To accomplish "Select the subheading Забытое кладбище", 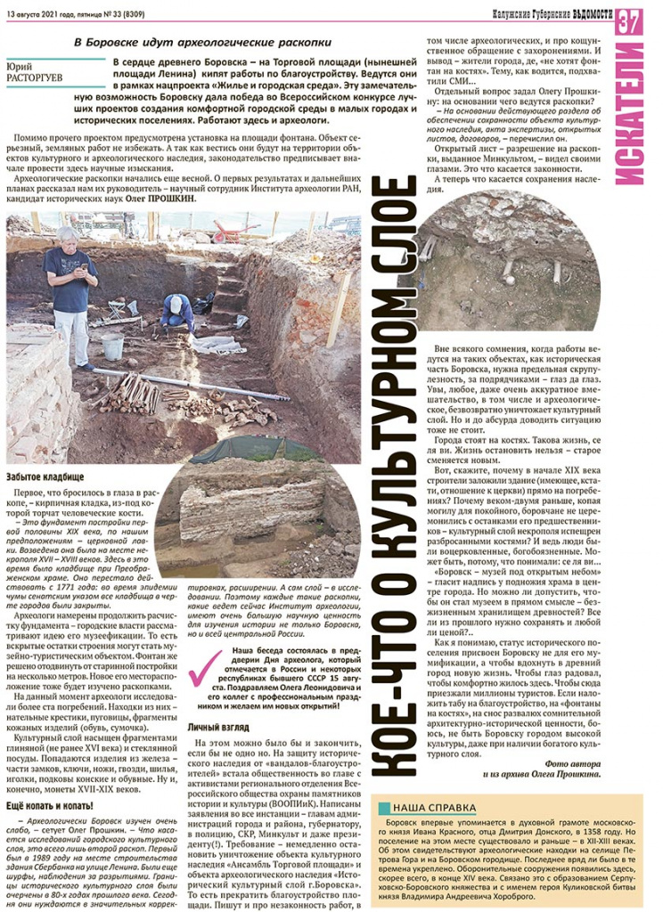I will point(44,478).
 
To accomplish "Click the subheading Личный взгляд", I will point(217,727).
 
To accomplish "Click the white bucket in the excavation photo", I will point(112,345).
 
